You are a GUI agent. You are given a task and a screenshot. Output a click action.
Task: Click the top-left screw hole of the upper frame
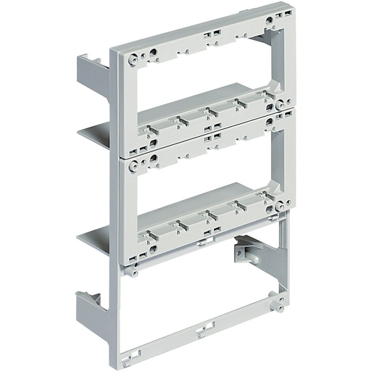pyautogui.click(x=134, y=58)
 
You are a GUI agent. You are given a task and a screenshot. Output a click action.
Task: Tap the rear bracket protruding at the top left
pyautogui.click(x=91, y=70)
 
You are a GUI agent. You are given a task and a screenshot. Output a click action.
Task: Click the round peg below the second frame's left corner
pyautogui.click(x=134, y=273)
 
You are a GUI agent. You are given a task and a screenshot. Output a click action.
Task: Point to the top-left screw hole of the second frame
pyautogui.click(x=133, y=166)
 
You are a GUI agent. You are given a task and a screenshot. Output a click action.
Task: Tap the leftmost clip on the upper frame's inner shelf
pyautogui.click(x=151, y=131)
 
